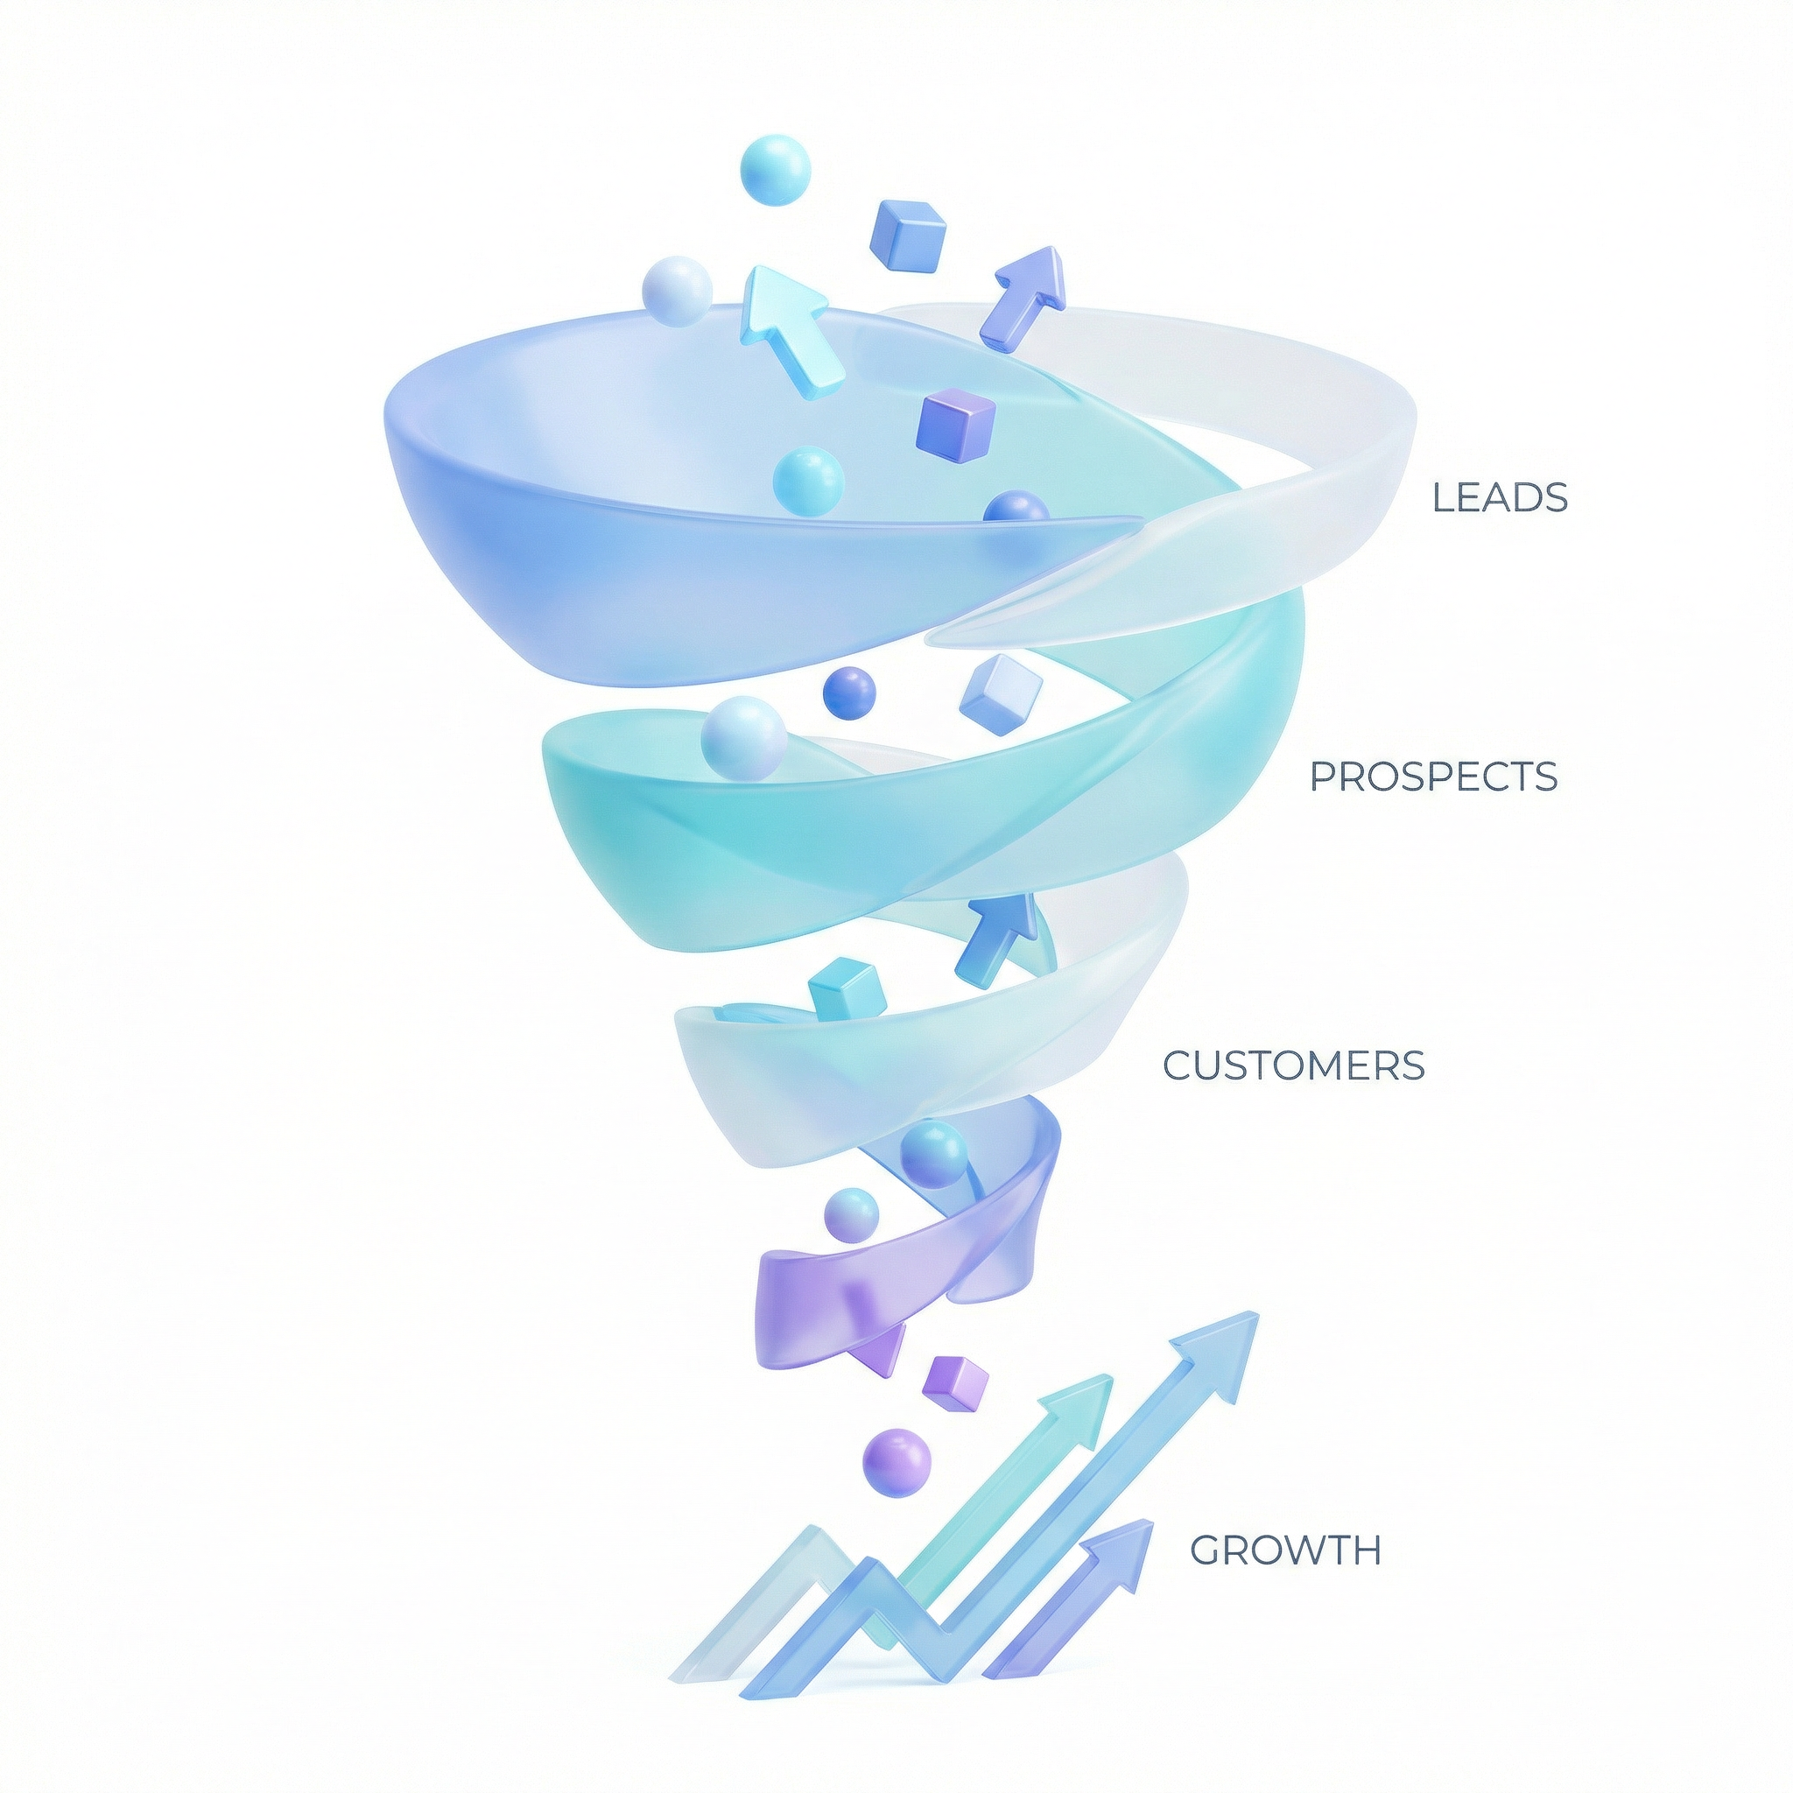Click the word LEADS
point(1500,498)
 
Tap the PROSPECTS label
point(1433,777)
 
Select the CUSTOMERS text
point(1294,1066)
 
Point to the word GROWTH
point(1285,1550)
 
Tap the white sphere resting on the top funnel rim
point(678,291)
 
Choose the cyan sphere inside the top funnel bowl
point(808,481)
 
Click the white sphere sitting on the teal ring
point(743,739)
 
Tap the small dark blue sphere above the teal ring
point(849,693)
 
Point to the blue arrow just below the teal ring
point(995,939)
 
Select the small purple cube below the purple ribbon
point(955,1386)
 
